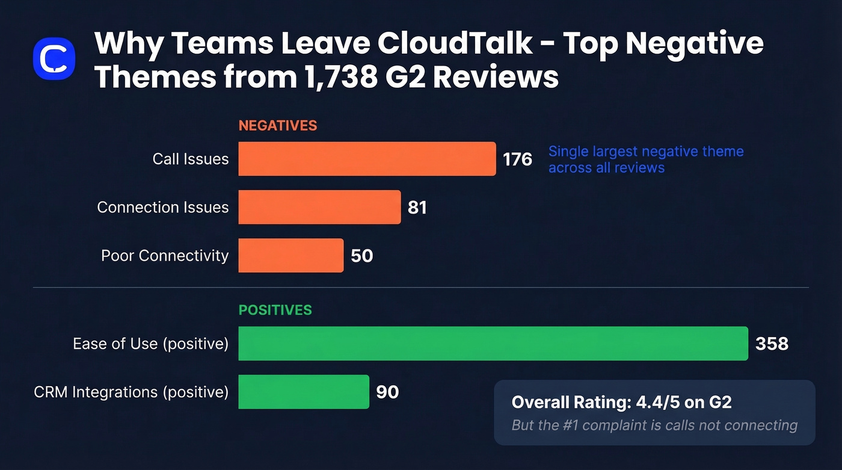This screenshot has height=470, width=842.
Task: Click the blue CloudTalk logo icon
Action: tap(54, 58)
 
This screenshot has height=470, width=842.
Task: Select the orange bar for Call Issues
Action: tap(367, 159)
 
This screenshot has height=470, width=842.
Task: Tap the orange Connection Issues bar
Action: tap(319, 207)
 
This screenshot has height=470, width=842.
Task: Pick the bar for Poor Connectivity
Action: tap(290, 255)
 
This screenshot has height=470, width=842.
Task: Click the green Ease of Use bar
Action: tap(493, 344)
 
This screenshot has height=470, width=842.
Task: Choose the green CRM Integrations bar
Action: tap(303, 392)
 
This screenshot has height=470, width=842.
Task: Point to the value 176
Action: tap(517, 159)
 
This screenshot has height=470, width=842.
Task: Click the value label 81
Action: tap(417, 207)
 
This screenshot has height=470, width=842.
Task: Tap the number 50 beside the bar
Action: tap(361, 255)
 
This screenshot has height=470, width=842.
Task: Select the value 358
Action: tap(772, 344)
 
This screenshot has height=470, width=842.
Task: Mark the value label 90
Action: tap(387, 392)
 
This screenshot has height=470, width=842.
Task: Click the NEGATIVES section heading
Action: tap(277, 126)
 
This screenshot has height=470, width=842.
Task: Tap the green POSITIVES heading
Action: tap(275, 310)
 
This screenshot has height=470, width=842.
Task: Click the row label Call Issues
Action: tap(190, 159)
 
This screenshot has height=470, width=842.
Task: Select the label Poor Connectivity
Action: tap(165, 255)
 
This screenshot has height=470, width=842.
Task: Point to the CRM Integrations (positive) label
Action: tap(131, 392)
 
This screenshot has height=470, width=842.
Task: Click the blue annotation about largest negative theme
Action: tap(645, 159)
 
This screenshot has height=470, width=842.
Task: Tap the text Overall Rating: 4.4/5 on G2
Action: tap(621, 402)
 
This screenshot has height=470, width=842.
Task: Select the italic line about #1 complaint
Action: tap(654, 425)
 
